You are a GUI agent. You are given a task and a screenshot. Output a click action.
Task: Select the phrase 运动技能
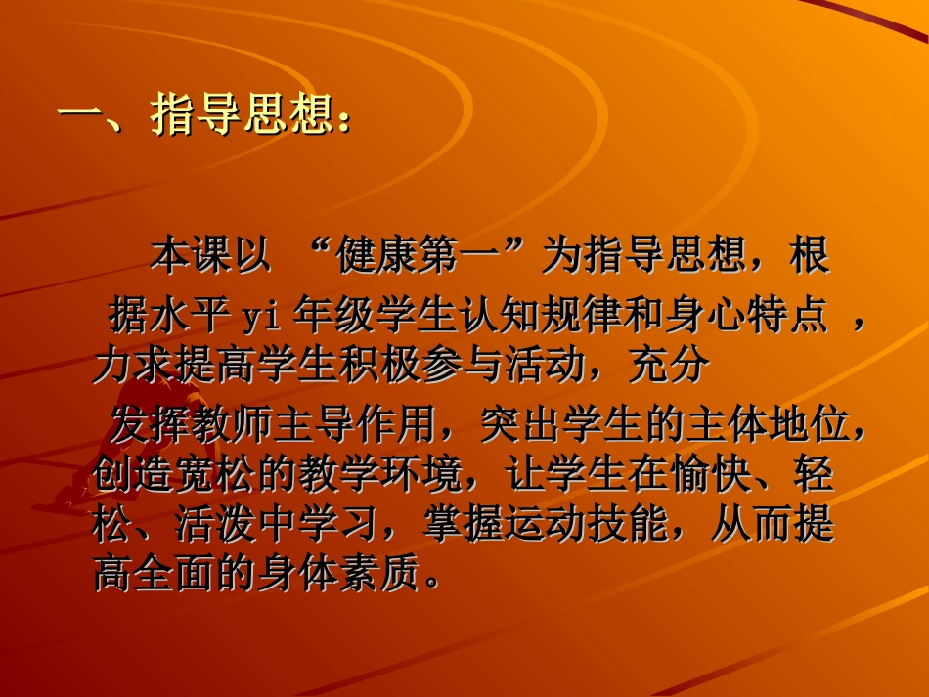tap(598, 526)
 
